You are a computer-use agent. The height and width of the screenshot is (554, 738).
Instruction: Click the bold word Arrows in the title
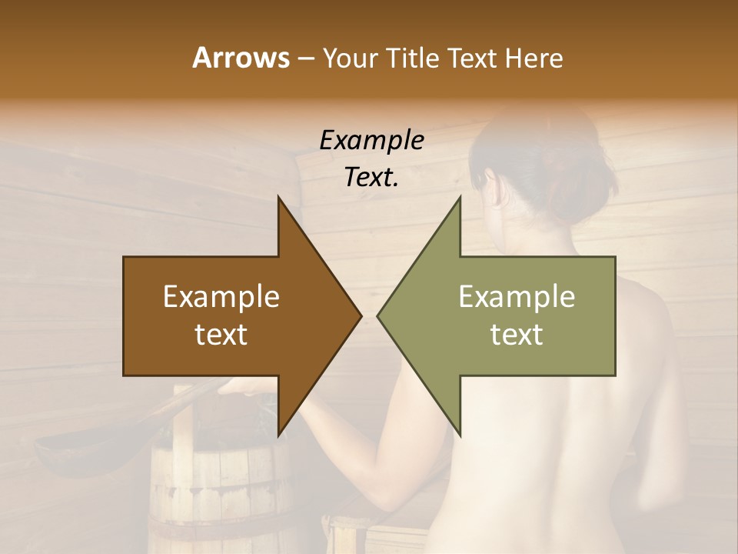point(240,58)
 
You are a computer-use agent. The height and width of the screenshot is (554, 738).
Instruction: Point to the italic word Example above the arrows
point(371,140)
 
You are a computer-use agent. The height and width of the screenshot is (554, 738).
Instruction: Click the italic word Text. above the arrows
point(371,177)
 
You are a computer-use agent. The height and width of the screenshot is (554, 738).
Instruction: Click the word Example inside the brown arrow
point(221,297)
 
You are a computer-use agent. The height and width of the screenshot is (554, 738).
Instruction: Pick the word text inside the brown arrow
point(221,334)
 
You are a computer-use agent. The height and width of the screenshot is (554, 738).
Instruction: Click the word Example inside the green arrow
point(517,297)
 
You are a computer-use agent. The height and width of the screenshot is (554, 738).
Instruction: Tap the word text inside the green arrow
point(517,334)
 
